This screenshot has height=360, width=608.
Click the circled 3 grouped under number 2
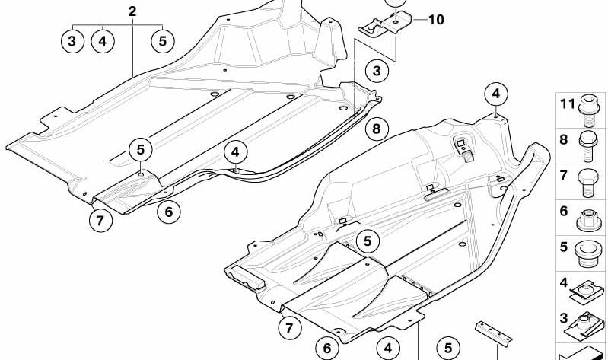pyautogui.click(x=72, y=40)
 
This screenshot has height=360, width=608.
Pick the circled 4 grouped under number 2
pyautogui.click(x=103, y=40)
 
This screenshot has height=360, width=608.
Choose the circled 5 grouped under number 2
pyautogui.click(x=162, y=40)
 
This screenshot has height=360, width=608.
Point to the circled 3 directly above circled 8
pyautogui.click(x=376, y=72)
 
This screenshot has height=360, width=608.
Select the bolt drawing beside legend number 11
pyautogui.click(x=589, y=107)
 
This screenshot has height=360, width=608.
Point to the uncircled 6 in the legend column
pyautogui.click(x=564, y=211)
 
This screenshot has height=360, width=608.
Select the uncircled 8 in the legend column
pyautogui.click(x=564, y=139)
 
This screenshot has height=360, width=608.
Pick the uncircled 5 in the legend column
pyautogui.click(x=564, y=247)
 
